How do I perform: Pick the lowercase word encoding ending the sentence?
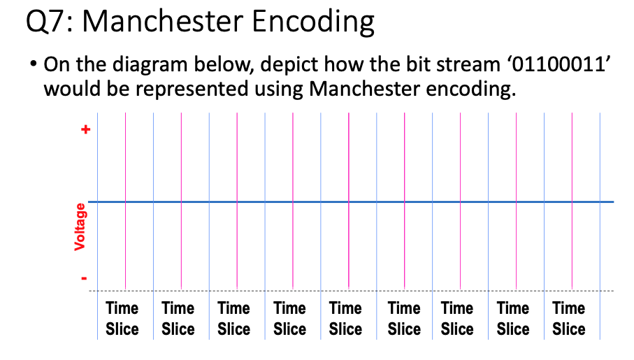click(x=474, y=89)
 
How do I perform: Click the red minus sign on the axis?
click(x=85, y=278)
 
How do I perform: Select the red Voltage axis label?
click(x=80, y=226)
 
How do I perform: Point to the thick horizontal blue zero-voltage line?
click(x=350, y=202)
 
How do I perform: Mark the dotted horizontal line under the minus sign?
click(x=350, y=291)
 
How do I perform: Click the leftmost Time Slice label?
click(x=122, y=319)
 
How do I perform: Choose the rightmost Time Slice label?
click(x=569, y=319)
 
